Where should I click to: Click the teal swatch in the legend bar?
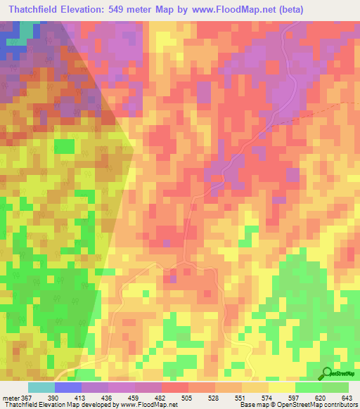click(41, 387)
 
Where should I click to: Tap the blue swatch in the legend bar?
click(68, 387)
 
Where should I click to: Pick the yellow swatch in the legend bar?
click(282, 387)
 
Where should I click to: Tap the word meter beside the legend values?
click(11, 398)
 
